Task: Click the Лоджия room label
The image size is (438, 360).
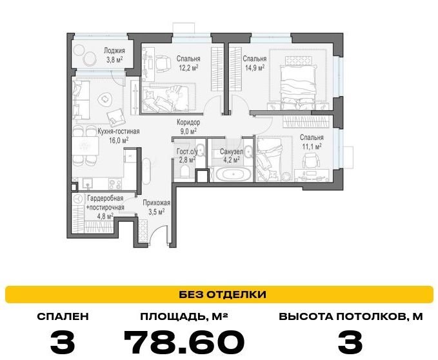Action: coord(114,51)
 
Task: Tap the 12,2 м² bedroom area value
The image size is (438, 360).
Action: coord(188,68)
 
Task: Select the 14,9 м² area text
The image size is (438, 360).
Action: coord(254,68)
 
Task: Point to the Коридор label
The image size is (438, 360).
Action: coord(188,123)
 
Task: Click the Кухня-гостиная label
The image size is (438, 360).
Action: coord(118,131)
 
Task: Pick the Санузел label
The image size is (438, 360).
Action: coord(232,152)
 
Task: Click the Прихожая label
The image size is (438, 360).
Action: coord(156,203)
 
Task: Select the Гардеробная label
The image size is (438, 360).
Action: coord(105,198)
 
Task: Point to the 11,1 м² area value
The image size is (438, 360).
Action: coord(312,146)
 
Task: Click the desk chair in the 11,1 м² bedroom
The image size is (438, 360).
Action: coord(311,161)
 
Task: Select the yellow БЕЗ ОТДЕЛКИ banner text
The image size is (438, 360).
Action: coord(223,294)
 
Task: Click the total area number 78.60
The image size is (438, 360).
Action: coord(184,342)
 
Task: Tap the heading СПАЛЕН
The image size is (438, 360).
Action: coord(63,317)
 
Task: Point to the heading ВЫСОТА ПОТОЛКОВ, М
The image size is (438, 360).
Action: coord(350,317)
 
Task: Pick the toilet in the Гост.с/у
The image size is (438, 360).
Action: coord(184,170)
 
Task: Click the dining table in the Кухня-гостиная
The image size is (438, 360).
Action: coord(86,146)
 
